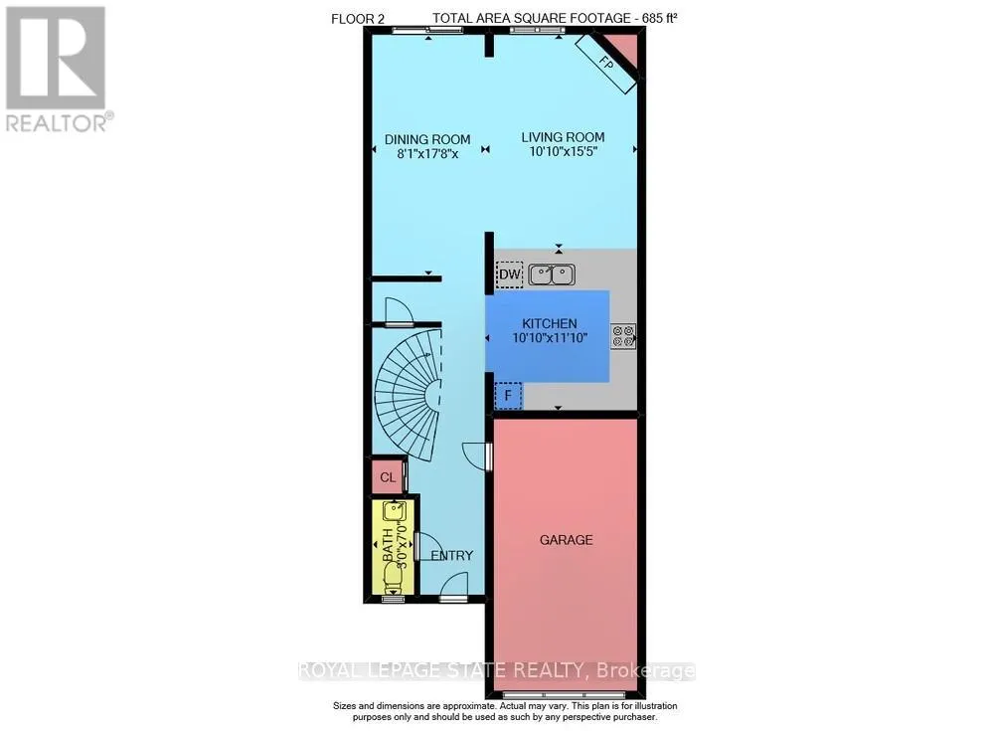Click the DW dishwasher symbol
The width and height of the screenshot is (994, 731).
(x=509, y=274)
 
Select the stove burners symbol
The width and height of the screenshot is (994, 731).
(x=623, y=336)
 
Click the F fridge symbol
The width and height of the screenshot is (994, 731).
(x=508, y=397)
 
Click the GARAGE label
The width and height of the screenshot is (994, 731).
(x=566, y=540)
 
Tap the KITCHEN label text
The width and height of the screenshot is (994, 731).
(x=550, y=323)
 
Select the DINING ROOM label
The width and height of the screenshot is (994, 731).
(x=427, y=139)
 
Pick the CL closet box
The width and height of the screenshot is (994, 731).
(x=387, y=477)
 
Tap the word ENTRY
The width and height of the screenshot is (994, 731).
(x=452, y=556)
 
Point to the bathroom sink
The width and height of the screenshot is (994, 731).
(x=395, y=512)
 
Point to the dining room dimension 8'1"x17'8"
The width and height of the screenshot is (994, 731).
(x=427, y=154)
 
